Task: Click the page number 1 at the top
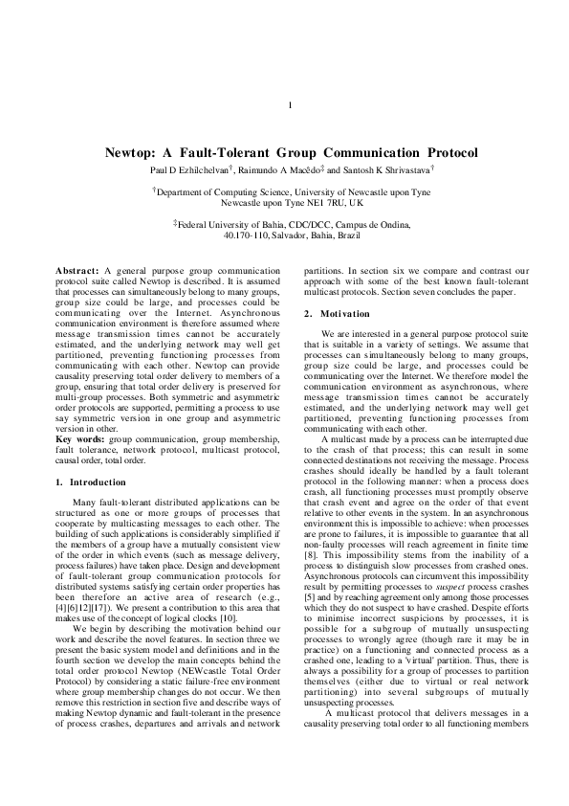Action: click(x=289, y=105)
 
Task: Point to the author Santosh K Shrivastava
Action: click(x=378, y=168)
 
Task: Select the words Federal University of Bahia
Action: click(x=229, y=223)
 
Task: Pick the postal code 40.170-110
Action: click(x=245, y=234)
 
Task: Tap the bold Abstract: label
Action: click(x=78, y=272)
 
